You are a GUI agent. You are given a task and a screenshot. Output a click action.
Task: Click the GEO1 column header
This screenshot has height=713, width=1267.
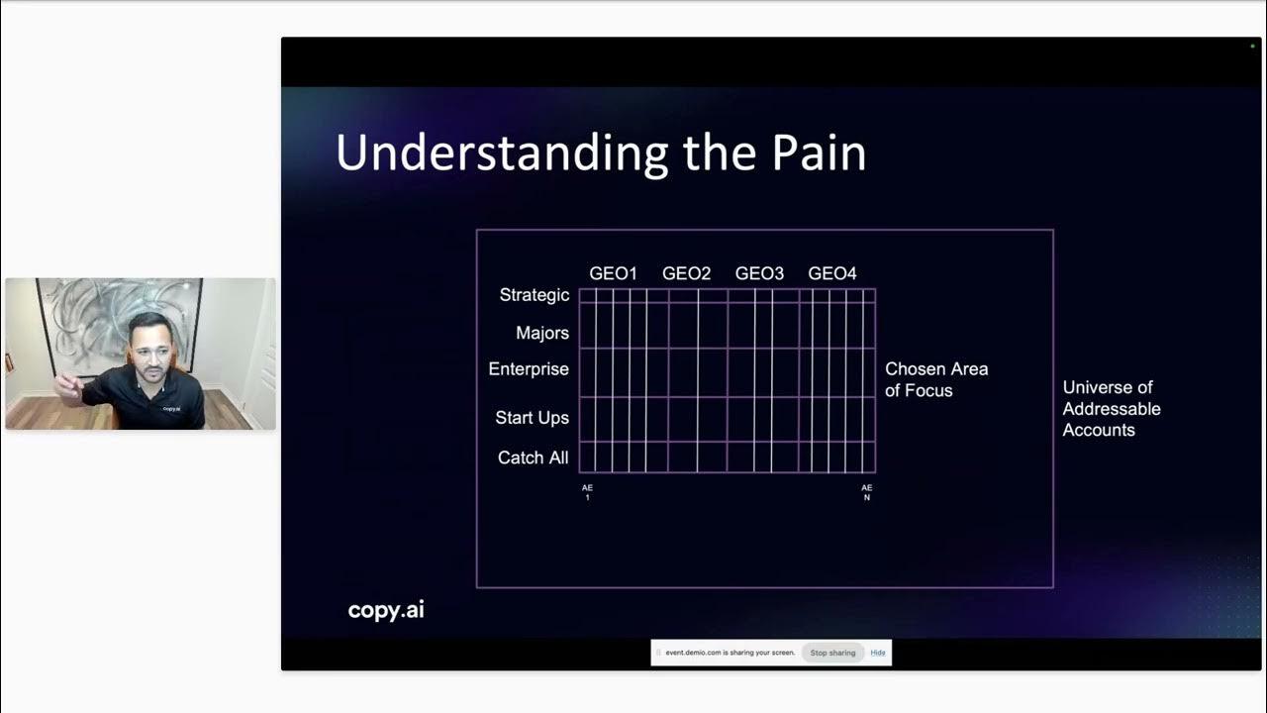point(613,274)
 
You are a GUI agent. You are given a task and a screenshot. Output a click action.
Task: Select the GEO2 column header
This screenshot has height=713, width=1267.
point(686,274)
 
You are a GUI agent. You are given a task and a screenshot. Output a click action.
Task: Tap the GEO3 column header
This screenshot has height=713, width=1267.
point(759,274)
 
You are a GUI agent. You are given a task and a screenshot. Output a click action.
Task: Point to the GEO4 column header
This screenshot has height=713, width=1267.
point(832,274)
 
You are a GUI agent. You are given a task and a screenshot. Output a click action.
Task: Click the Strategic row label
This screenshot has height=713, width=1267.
point(534,295)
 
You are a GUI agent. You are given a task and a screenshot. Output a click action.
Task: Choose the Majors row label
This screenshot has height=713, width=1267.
point(541,333)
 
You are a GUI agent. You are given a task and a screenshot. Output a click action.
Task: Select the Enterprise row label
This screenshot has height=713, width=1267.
point(529,369)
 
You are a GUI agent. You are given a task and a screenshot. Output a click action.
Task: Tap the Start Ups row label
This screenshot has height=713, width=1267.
point(532,418)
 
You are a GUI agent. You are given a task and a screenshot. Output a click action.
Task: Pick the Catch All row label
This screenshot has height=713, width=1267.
point(533,458)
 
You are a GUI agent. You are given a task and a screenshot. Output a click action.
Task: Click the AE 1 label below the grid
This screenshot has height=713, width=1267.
point(587,492)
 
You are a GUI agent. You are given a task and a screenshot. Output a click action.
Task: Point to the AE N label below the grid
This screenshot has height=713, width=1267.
point(866,492)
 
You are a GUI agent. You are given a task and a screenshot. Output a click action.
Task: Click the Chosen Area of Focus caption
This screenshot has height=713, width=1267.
point(936,379)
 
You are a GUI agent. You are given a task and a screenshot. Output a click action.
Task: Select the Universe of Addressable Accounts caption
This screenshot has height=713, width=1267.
point(1111,409)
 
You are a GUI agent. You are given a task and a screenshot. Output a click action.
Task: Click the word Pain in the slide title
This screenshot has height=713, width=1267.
point(819,153)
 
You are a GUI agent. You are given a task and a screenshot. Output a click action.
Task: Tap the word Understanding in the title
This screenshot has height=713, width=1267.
point(502,153)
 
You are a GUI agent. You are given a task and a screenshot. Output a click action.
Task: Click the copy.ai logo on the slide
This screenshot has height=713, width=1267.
point(386,610)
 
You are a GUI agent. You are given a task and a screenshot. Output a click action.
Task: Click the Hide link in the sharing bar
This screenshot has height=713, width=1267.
point(877,653)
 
